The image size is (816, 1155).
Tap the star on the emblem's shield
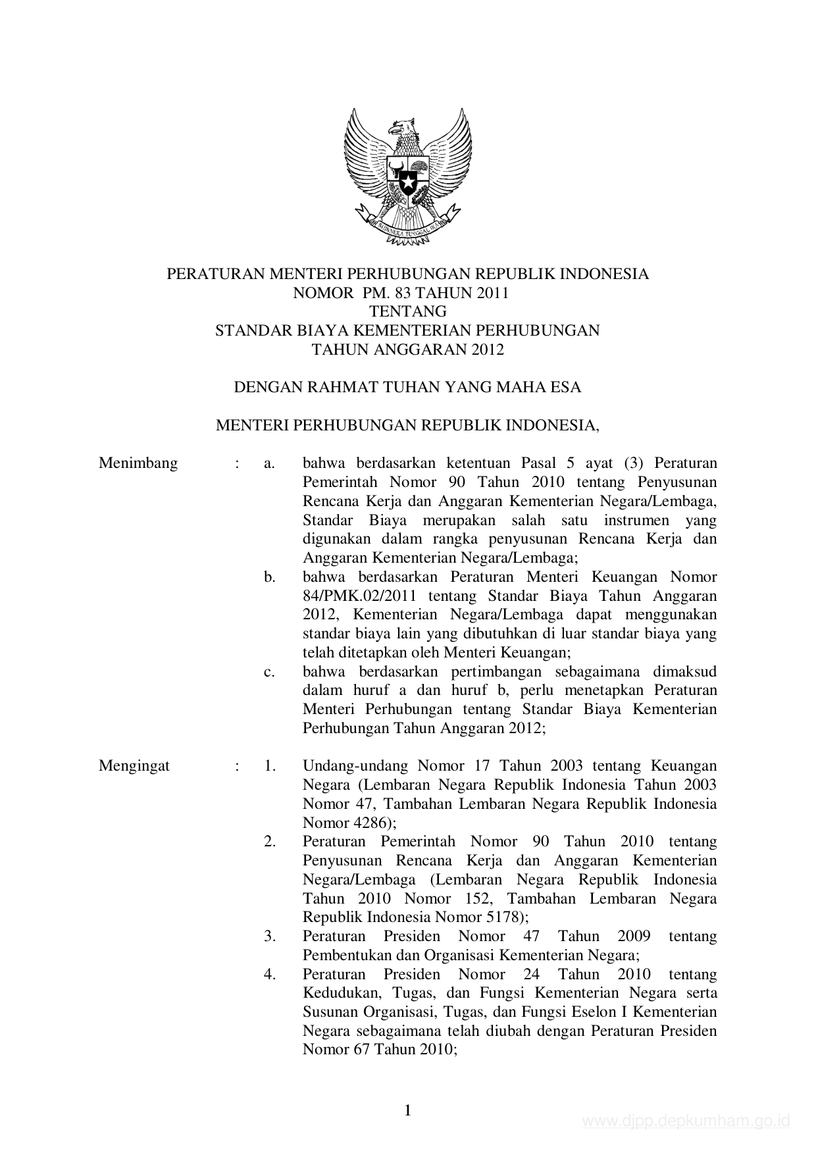tap(408, 179)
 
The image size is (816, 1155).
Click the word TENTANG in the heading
tap(408, 311)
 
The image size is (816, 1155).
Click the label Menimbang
tap(138, 463)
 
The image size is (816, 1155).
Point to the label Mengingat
tap(134, 766)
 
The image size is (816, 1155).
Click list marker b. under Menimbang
tap(269, 577)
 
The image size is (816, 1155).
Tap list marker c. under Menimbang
tap(269, 672)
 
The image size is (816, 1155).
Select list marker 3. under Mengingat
tap(270, 937)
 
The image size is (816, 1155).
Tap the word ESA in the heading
tap(567, 387)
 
